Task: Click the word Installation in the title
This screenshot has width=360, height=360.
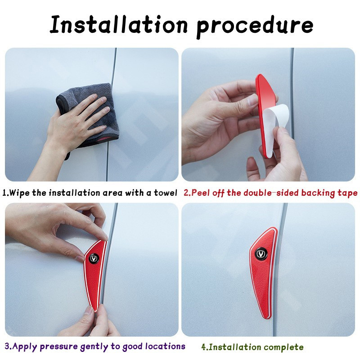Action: pos(119,24)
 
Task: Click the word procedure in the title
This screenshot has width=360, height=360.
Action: pos(255,27)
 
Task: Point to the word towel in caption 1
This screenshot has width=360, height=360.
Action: pos(166,193)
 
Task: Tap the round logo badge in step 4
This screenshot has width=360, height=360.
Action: pos(261,253)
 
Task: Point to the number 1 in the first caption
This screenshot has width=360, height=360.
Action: pos(4,193)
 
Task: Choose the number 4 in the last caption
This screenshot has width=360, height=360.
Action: pos(204,347)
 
